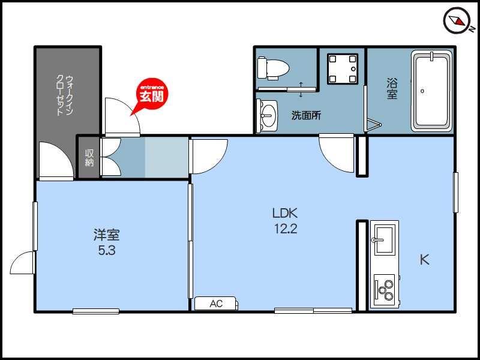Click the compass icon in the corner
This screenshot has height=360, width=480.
pos(456,21)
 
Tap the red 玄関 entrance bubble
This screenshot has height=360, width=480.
pos(151,94)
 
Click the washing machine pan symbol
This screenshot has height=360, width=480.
pos(342,68)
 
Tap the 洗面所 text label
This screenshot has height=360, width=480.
pos(306,115)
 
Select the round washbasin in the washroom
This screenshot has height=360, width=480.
pos(268,114)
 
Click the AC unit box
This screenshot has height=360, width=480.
pos(216,304)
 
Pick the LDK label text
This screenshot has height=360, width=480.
pos(285,213)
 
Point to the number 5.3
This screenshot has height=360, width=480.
pos(106,250)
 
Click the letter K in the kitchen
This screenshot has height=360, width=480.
pos(424,260)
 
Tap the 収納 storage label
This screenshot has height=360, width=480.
pos(89,157)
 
